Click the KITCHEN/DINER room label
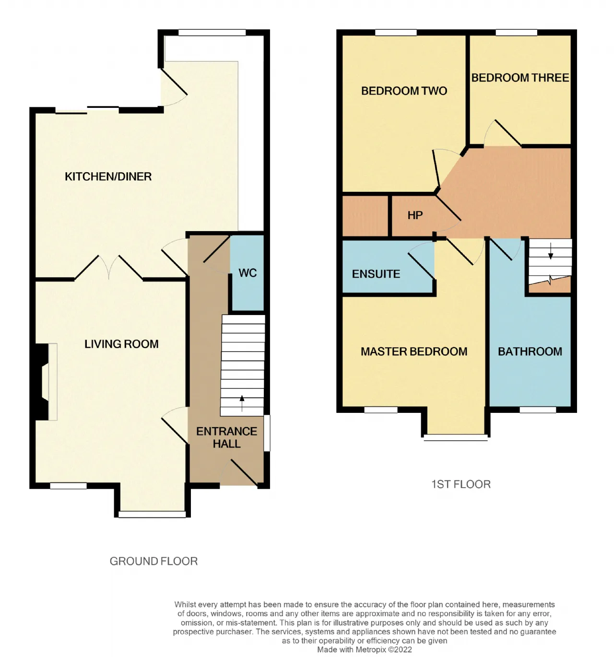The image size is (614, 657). coord(108,176)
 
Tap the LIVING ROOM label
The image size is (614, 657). coord(121,344)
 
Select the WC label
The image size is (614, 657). coord(247,273)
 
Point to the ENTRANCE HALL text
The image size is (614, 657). coord(226,437)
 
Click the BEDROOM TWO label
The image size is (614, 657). coord(404,91)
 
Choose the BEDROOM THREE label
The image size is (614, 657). coord(520,78)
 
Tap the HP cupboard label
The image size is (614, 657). coord(415,215)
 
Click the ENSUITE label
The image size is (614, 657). coord(376,274)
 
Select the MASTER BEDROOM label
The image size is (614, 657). coord(414,352)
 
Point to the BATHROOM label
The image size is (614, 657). coord(530,352)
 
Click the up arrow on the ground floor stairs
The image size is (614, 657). coord(242,403)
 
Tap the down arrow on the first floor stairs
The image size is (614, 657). coord(551,251)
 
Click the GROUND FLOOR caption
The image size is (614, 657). coord(153,561)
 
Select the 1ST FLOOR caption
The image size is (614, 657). coord(460,484)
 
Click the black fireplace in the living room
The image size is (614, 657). coord(40,382)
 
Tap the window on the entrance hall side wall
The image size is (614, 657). coord(266,433)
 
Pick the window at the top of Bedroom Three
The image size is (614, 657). coord(516,33)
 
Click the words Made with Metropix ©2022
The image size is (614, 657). coord(365,650)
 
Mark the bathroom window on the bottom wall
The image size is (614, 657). coord(538,410)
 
